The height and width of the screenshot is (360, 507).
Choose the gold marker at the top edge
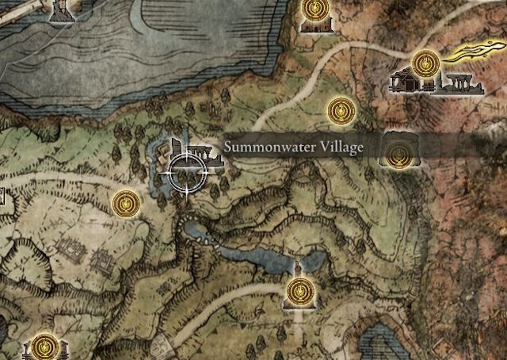(315, 10)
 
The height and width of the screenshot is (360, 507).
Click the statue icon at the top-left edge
(60, 10)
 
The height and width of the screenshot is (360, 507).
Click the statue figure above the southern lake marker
(298, 266)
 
